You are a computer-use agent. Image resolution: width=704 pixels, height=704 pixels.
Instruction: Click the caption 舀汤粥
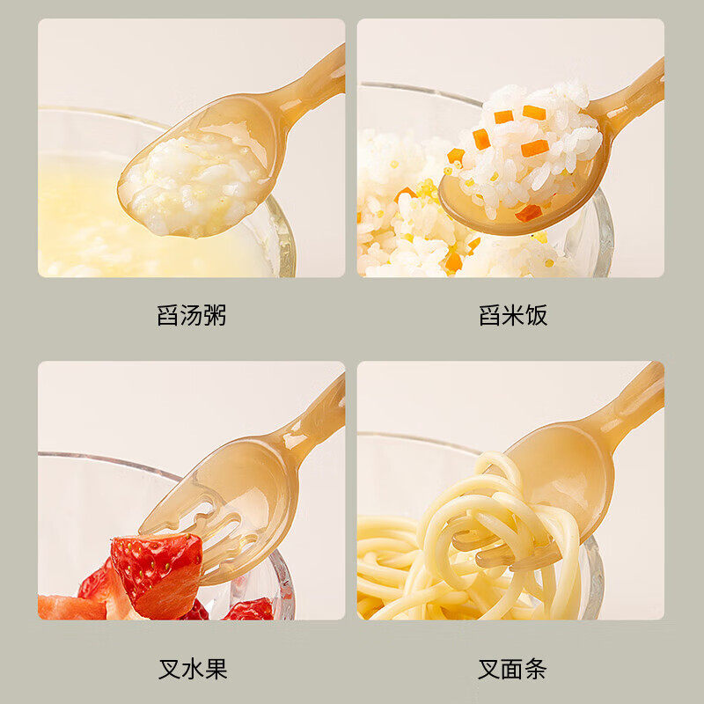[x=192, y=316]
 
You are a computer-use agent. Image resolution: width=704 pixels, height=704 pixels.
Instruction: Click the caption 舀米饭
[x=513, y=316]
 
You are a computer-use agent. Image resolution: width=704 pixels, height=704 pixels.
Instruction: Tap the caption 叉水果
[x=192, y=669]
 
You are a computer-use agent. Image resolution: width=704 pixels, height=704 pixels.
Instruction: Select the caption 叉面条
[x=513, y=669]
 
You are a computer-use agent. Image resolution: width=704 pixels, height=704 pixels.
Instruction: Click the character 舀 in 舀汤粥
[x=168, y=316]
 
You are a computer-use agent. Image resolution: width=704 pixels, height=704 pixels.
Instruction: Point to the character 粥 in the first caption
[x=216, y=316]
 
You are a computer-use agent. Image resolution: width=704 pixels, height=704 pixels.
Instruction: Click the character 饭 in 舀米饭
[x=537, y=316]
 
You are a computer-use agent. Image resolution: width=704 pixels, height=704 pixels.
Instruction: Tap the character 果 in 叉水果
[x=216, y=669]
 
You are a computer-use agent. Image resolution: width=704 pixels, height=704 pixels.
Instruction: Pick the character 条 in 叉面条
[x=537, y=669]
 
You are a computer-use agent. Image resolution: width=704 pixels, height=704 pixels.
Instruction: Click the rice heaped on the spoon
[x=528, y=145]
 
